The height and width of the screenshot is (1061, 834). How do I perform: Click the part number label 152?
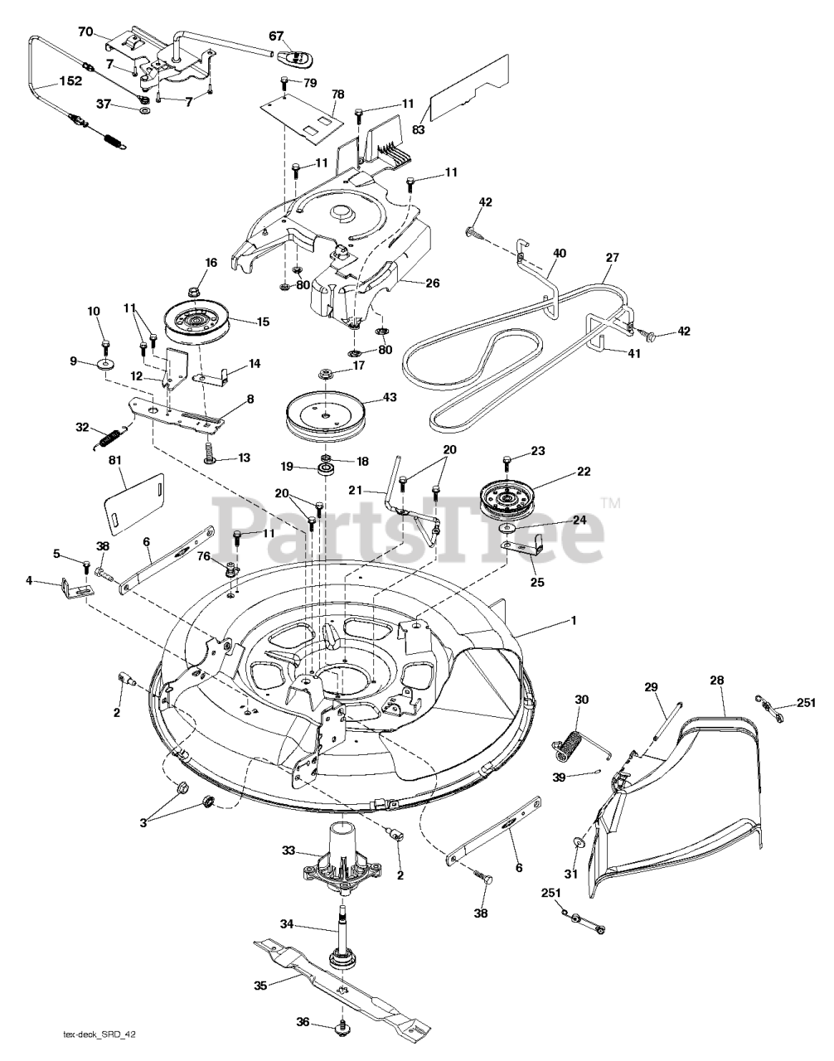click(x=70, y=80)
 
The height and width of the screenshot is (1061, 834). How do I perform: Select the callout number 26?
click(x=432, y=283)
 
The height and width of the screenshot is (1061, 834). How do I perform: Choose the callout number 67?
click(x=276, y=36)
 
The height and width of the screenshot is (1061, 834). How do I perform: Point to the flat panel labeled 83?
click(x=470, y=89)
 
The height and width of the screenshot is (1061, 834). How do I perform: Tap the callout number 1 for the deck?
click(x=574, y=621)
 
